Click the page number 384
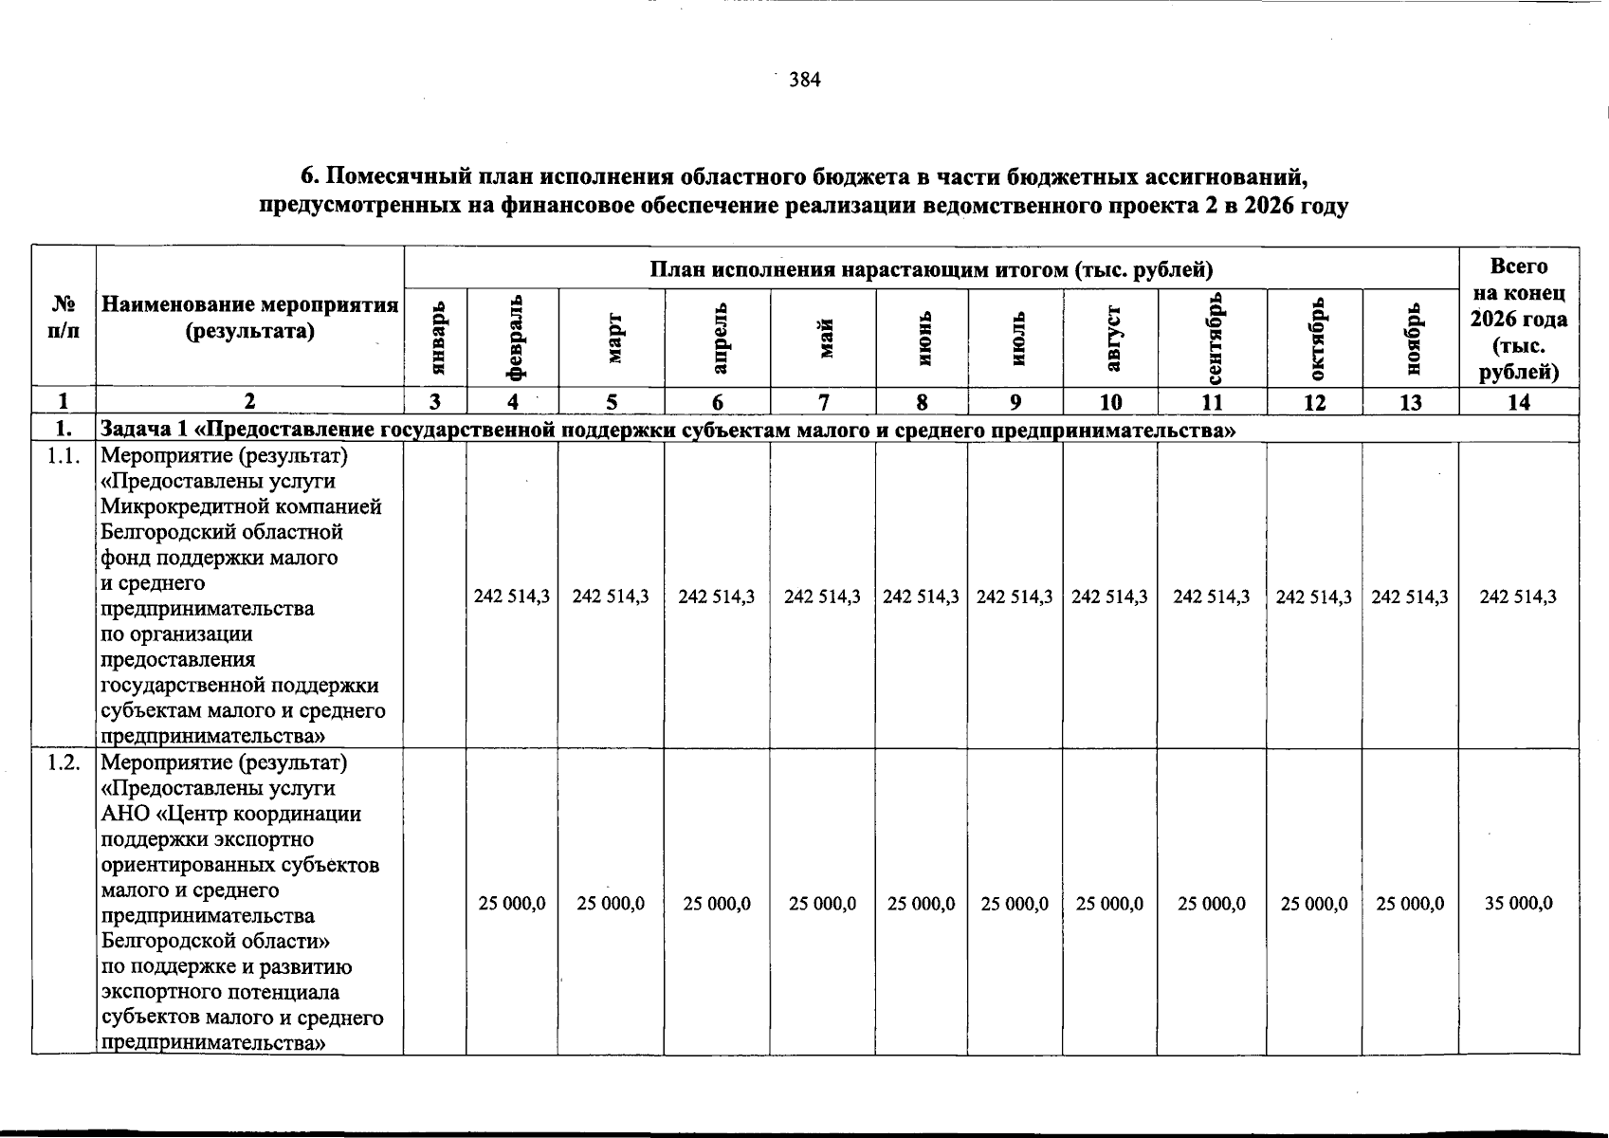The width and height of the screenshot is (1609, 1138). point(805,81)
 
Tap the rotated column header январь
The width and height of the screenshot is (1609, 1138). point(436,338)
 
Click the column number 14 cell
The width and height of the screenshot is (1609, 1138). point(1518,402)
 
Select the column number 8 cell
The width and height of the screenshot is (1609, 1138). point(922,402)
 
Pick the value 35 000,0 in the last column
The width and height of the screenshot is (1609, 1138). point(1518,903)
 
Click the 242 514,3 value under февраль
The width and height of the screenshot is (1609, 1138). point(512,597)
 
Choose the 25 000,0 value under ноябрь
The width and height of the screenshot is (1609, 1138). point(1410,903)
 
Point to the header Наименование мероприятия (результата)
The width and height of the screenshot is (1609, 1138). point(249,318)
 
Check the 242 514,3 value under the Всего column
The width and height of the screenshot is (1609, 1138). point(1518,597)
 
